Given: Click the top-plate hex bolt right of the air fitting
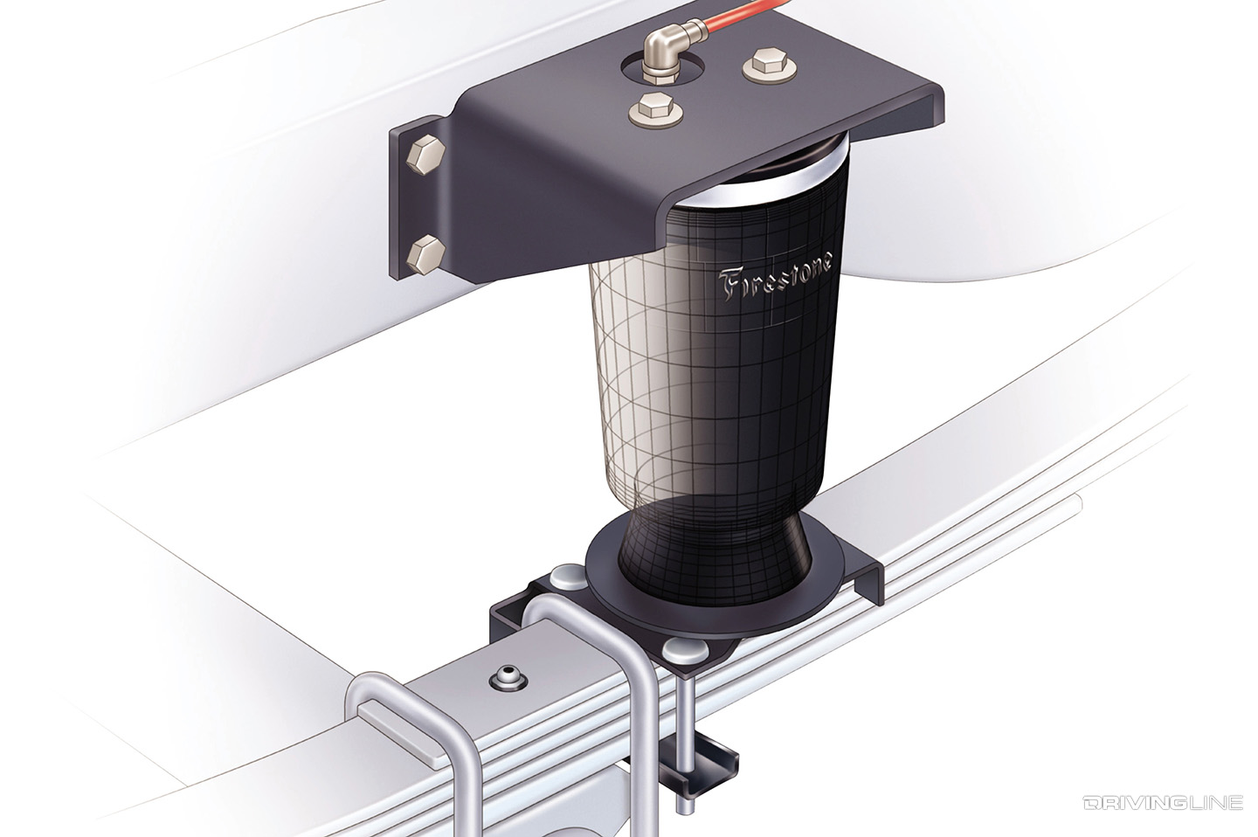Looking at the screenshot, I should point(759,66).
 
